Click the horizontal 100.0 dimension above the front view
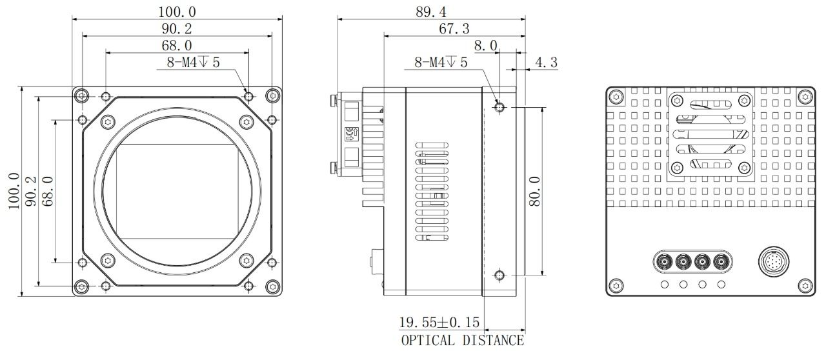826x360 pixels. click(177, 12)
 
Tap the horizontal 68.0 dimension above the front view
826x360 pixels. click(177, 46)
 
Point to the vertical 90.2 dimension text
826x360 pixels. click(30, 191)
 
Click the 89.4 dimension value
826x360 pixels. click(431, 12)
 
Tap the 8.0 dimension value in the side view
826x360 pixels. click(485, 46)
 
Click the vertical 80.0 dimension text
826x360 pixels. click(534, 191)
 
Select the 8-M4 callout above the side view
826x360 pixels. click(441, 63)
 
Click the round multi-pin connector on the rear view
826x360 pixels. click(771, 261)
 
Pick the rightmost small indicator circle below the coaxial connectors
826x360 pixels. click(721, 284)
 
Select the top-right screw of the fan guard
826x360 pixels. click(744, 101)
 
